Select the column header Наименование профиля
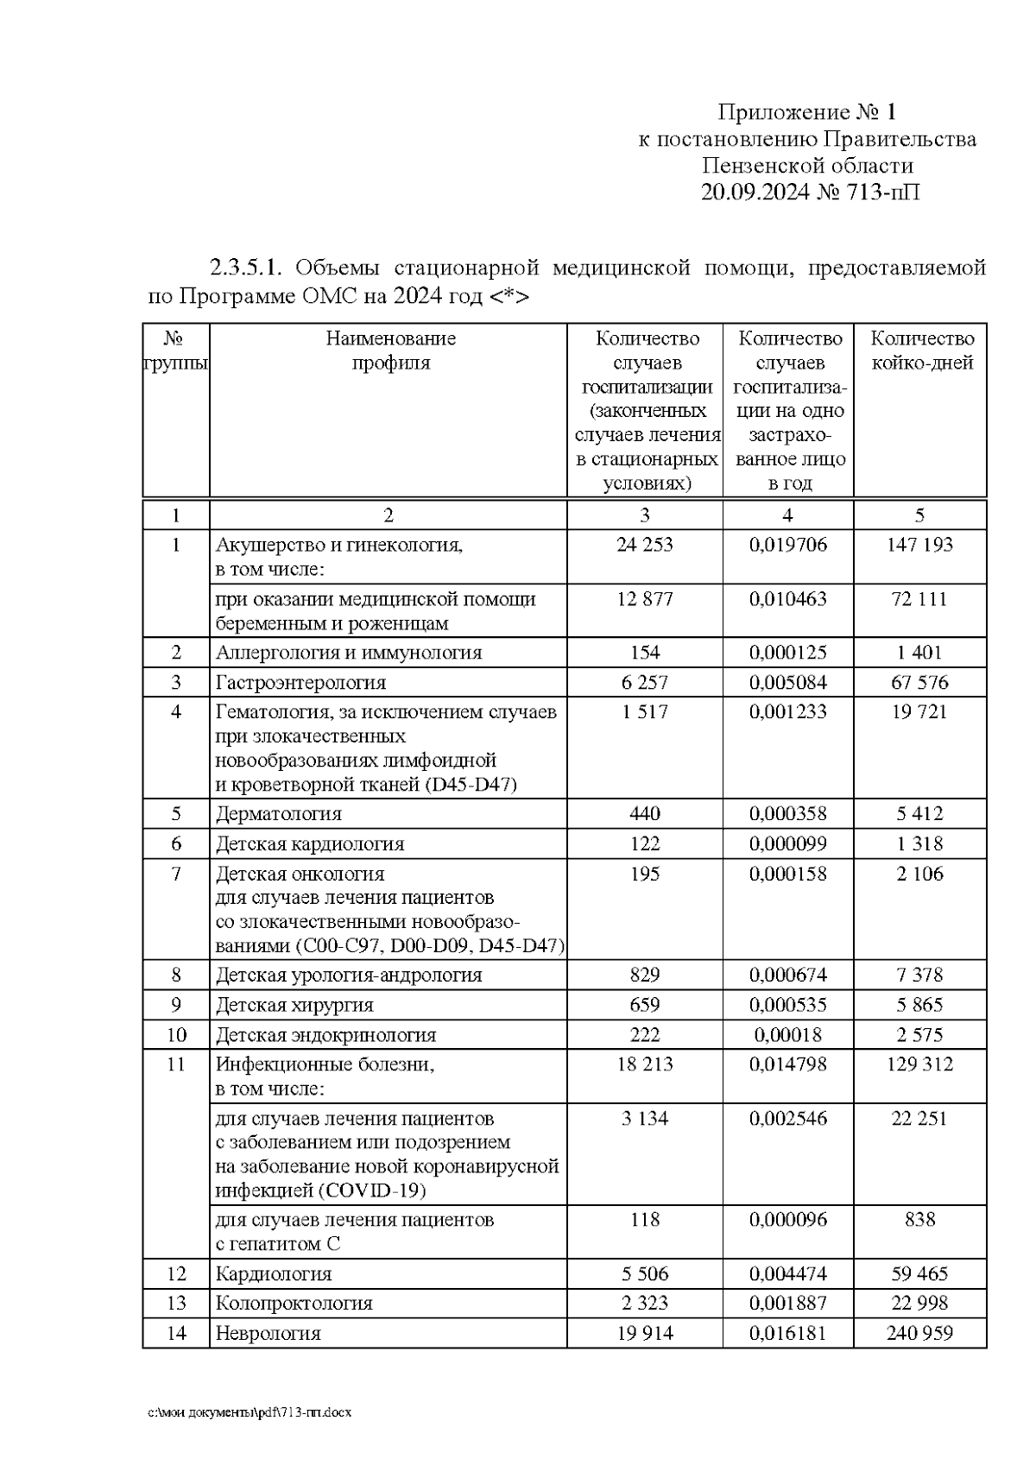[x=390, y=350]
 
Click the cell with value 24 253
[x=645, y=545]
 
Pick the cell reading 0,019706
[x=787, y=545]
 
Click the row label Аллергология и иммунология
[x=349, y=653]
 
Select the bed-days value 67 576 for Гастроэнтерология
[x=919, y=683]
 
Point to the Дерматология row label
[x=279, y=814]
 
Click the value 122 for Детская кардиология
[x=645, y=844]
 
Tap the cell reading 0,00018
[x=787, y=1035]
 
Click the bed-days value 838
[x=920, y=1220]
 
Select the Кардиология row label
[x=274, y=1274]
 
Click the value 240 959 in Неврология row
[x=919, y=1334]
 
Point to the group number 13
[x=176, y=1304]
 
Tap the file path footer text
[x=250, y=1413]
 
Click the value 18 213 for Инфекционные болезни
[x=645, y=1064]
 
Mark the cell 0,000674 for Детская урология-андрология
[x=787, y=976]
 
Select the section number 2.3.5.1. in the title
[x=246, y=268]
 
